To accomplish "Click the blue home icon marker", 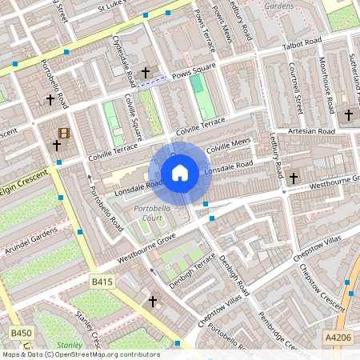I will coord(180,172).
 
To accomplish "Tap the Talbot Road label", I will coord(302,43).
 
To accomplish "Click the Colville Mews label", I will coord(228,147).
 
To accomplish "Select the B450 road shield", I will coord(21,332).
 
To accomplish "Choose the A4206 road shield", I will coord(337,338).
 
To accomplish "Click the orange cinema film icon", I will coord(63,133).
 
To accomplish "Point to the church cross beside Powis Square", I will coord(146,74).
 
